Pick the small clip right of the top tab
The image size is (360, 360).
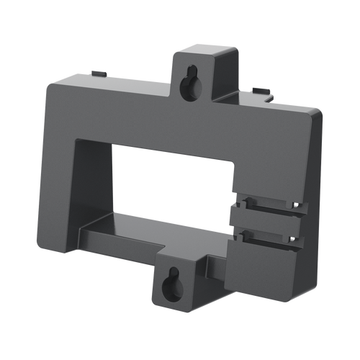pos(261,91)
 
